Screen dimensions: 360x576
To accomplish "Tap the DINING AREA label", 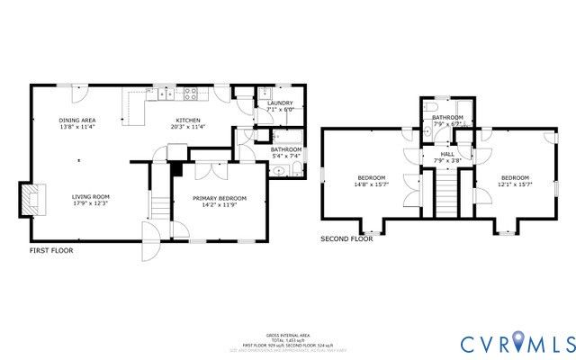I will [x=77, y=120].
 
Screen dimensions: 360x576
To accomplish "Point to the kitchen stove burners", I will [x=191, y=93].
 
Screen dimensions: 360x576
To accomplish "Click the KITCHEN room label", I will [x=187, y=120].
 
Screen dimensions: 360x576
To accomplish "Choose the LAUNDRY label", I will [x=280, y=103].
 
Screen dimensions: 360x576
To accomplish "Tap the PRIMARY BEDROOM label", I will [x=220, y=198].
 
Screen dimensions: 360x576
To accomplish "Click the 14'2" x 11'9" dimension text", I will [x=220, y=205].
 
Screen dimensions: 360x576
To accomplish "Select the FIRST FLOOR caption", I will [x=51, y=250].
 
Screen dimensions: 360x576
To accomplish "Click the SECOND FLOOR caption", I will [x=346, y=239].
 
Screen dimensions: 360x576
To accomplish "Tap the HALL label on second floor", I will [x=447, y=154].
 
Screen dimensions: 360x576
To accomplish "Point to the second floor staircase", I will [x=447, y=193].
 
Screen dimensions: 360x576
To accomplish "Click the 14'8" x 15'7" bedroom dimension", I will [x=371, y=184].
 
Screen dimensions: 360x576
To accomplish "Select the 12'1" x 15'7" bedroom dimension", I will [x=515, y=184].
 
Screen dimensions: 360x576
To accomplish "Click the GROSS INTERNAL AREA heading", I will [x=288, y=332].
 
